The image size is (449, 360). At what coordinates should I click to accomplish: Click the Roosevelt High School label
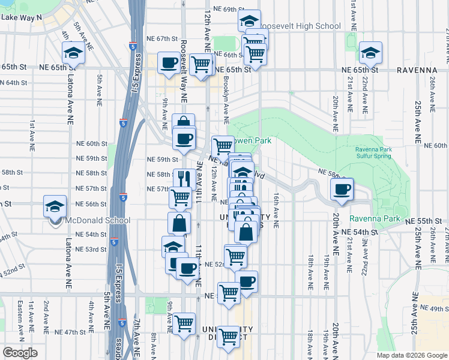click(x=298, y=26)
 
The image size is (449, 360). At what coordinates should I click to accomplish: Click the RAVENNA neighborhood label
click(x=417, y=70)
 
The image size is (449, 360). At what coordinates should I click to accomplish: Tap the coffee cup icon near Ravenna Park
click(x=342, y=190)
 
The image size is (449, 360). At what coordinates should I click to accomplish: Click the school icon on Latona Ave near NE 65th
click(x=74, y=53)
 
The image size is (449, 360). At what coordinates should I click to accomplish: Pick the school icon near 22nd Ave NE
click(x=370, y=53)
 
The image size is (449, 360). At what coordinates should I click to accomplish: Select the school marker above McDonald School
click(x=55, y=207)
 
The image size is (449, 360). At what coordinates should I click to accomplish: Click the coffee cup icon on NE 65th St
click(x=169, y=62)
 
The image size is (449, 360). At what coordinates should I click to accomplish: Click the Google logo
click(x=20, y=353)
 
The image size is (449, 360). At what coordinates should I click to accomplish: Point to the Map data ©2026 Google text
click(x=412, y=355)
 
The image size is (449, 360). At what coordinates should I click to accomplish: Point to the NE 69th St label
click(x=223, y=10)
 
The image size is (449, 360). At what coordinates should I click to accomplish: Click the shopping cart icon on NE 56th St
click(x=179, y=197)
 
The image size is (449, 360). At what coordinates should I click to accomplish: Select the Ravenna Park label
click(x=375, y=218)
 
